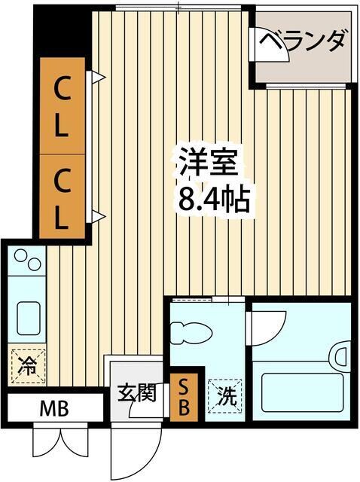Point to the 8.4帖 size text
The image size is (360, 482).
[x=213, y=199]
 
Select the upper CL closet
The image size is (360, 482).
[x=62, y=105]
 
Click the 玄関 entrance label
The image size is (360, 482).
[x=137, y=392]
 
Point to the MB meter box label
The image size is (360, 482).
[x=55, y=410]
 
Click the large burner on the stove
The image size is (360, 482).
[x=33, y=264]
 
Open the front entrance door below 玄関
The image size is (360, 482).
[x=136, y=452]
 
